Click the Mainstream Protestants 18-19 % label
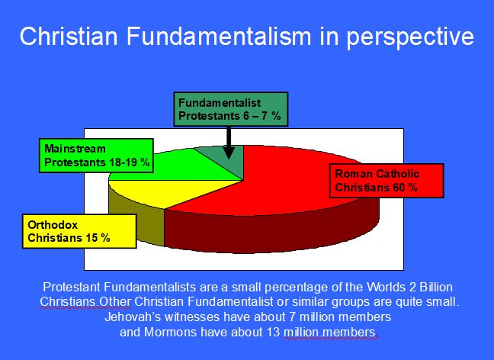pyautogui.click(x=97, y=155)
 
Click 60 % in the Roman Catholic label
pyautogui.click(x=406, y=188)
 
